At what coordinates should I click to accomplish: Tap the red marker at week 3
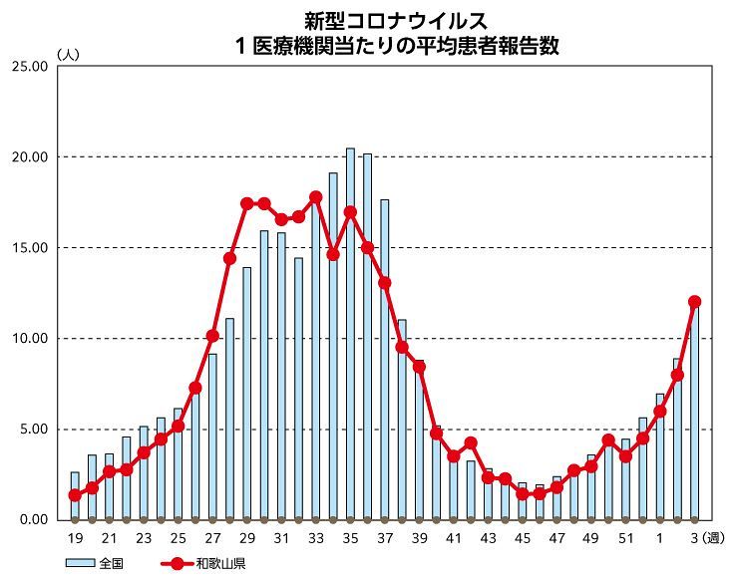click(694, 301)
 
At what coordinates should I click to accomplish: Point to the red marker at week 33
click(315, 197)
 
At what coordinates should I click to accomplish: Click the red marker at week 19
click(75, 495)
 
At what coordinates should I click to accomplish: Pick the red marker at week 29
click(246, 203)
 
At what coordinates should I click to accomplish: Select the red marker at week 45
click(523, 493)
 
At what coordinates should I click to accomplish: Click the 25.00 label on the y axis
click(28, 67)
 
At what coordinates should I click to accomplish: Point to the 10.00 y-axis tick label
click(28, 339)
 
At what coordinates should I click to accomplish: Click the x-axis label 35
click(350, 538)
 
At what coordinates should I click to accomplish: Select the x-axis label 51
click(625, 538)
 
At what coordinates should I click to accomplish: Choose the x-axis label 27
click(212, 538)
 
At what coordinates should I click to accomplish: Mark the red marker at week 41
click(454, 456)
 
